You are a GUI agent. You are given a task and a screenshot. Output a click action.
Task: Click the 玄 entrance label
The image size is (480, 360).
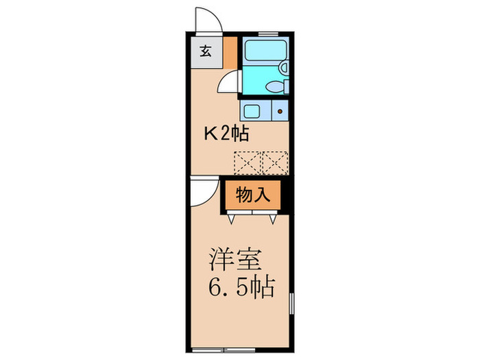click(x=205, y=50)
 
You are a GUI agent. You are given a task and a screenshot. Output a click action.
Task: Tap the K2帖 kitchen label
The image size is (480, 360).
click(x=224, y=132)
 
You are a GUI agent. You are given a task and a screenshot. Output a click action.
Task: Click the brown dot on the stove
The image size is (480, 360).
click(x=280, y=110)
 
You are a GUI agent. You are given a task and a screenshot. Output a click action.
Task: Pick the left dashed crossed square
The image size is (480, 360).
click(x=246, y=162)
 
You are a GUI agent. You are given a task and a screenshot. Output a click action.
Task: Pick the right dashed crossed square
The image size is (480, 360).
click(x=274, y=162)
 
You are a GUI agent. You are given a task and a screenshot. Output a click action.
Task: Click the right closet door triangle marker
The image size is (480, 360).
click(x=273, y=218)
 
